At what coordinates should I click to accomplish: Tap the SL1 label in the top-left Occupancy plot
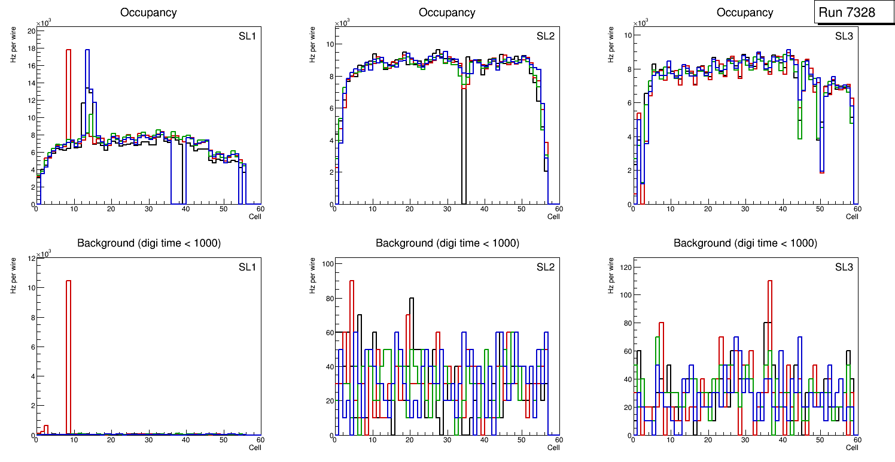pyautogui.click(x=247, y=37)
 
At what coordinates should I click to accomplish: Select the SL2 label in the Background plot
pyautogui.click(x=545, y=266)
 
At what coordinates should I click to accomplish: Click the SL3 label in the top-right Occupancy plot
pyautogui.click(x=844, y=36)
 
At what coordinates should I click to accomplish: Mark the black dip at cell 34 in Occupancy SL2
pyautogui.click(x=464, y=150)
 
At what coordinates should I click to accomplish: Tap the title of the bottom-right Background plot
pyautogui.click(x=745, y=243)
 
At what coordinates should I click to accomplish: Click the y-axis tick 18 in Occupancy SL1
pyautogui.click(x=31, y=48)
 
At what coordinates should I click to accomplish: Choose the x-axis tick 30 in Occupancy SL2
pyautogui.click(x=446, y=209)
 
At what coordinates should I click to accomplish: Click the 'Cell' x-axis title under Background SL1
pyautogui.click(x=255, y=447)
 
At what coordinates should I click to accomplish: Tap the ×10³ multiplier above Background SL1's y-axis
pyautogui.click(x=44, y=254)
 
